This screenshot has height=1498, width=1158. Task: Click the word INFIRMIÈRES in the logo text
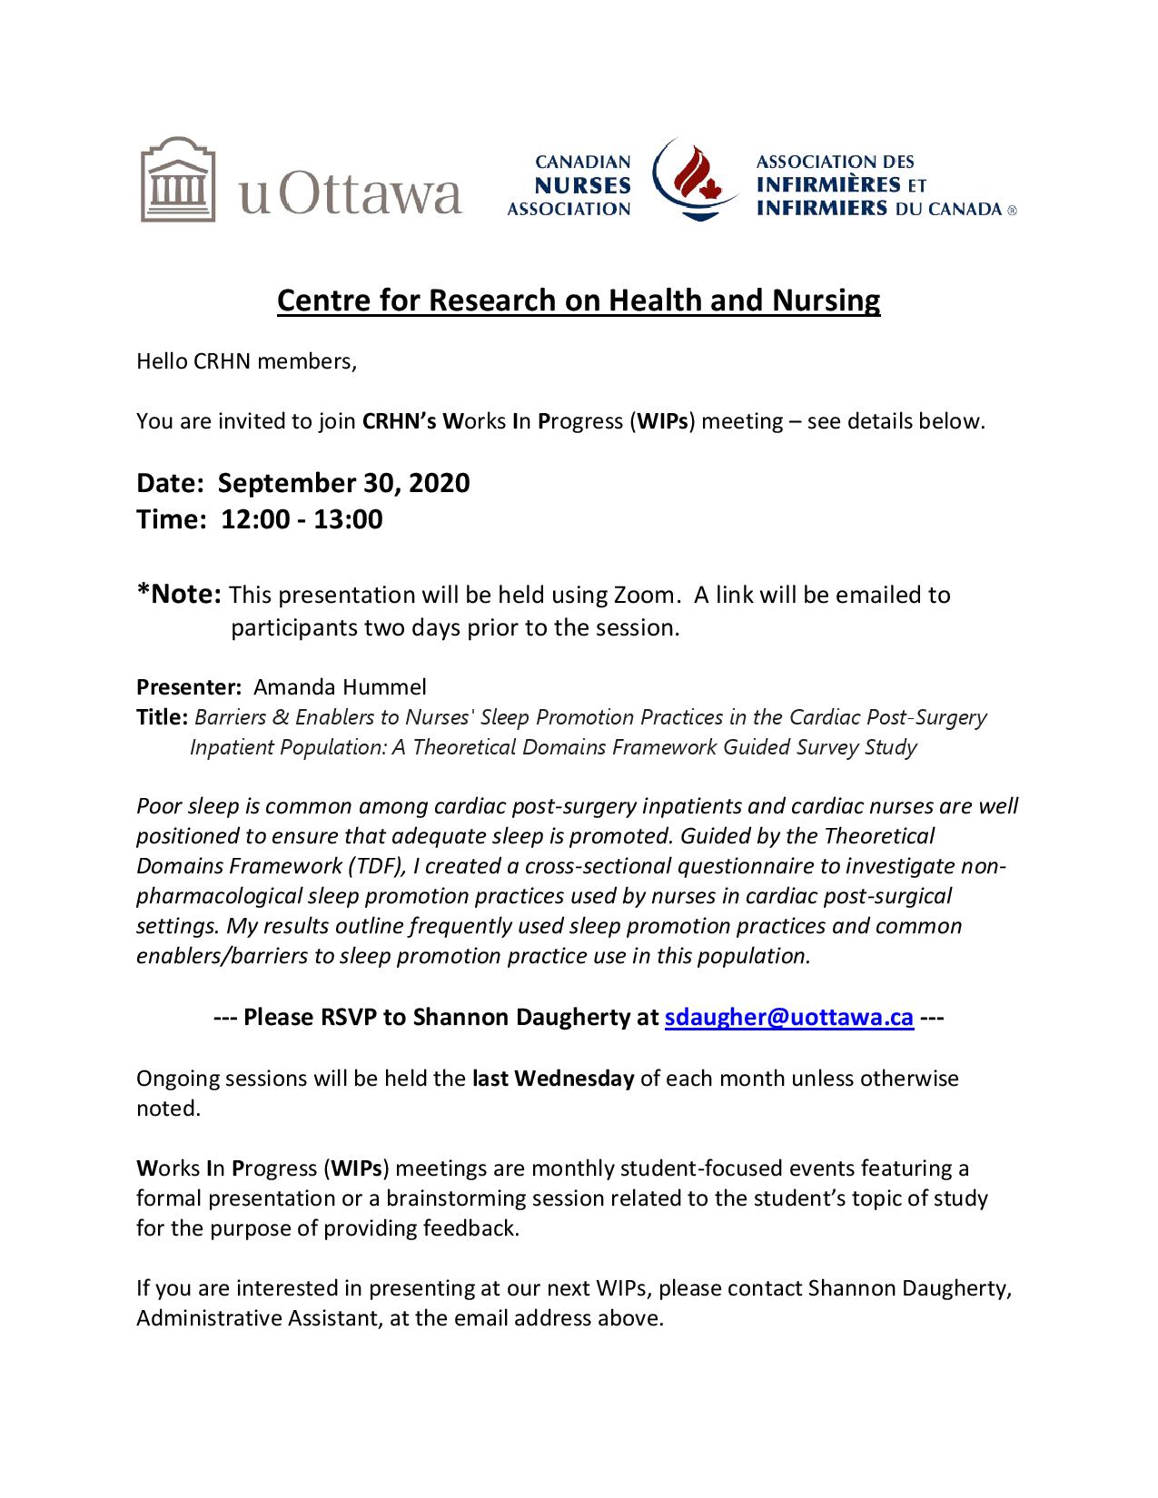coord(821,185)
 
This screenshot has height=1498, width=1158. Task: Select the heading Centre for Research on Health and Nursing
coord(579,301)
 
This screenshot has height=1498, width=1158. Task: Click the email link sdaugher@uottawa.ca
coord(788,1017)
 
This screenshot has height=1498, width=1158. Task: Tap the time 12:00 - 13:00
coord(302,519)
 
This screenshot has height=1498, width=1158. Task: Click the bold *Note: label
coord(179,595)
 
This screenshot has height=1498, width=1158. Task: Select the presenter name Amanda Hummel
coord(340,686)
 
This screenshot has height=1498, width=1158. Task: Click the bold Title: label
coord(163,717)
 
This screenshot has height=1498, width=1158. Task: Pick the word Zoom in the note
coord(644,596)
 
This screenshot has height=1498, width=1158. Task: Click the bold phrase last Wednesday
coord(552,1079)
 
